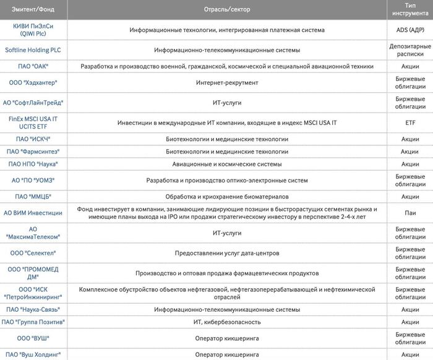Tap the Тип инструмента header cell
(x=410, y=11)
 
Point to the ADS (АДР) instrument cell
(x=410, y=30)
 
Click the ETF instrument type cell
(x=410, y=122)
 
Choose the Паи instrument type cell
(x=410, y=213)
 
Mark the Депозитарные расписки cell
(x=410, y=49)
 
